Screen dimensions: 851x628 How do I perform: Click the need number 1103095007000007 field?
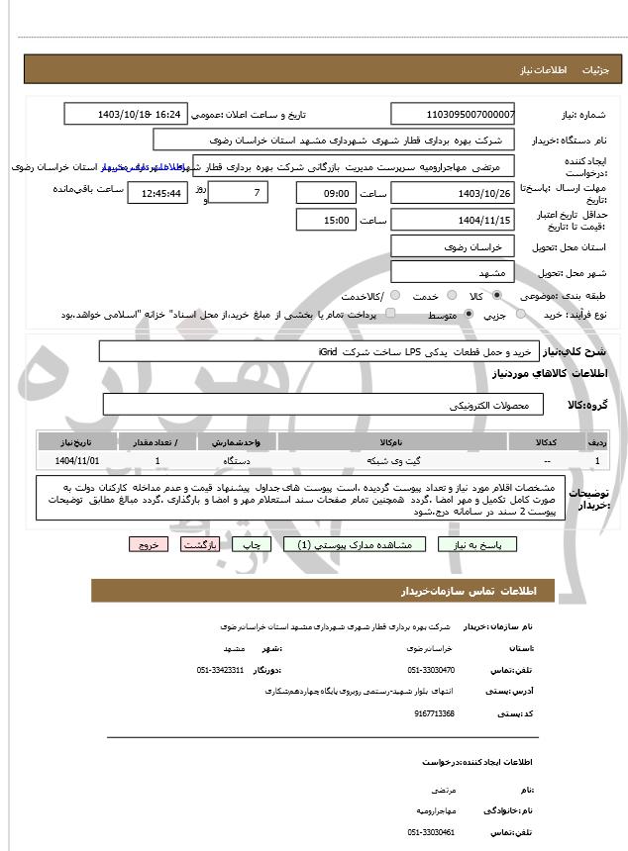(x=453, y=115)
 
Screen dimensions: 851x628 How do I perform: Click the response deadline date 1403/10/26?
(x=453, y=193)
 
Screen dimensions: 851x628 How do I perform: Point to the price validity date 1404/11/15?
(x=453, y=220)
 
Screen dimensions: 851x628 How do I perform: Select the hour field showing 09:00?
(x=326, y=193)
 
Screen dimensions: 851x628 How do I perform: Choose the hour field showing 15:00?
(x=326, y=220)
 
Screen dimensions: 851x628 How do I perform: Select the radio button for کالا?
(x=496, y=296)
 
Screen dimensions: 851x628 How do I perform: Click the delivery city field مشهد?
(x=453, y=272)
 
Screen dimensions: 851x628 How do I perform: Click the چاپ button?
(x=253, y=544)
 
